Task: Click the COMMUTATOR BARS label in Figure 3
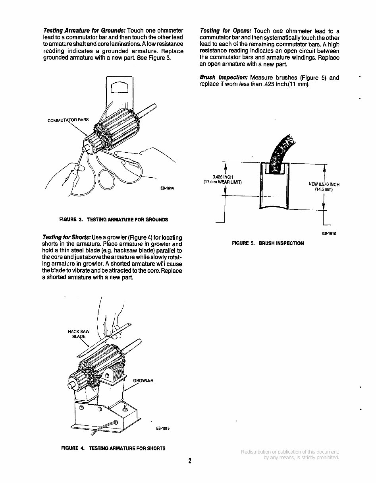click(x=68, y=120)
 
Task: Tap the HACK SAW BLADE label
click(x=79, y=334)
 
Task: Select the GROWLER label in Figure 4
click(x=143, y=380)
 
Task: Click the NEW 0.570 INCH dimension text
click(x=324, y=186)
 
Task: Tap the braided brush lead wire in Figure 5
click(x=283, y=151)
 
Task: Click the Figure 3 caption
click(x=113, y=219)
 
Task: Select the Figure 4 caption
click(x=113, y=448)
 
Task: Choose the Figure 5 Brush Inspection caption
click(x=268, y=243)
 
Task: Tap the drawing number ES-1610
click(x=329, y=234)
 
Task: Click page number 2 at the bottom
click(x=190, y=461)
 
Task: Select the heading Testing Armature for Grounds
click(x=84, y=31)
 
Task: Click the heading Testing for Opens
click(x=226, y=31)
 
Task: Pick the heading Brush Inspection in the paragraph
click(x=224, y=78)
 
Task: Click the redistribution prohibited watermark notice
click(x=290, y=455)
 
